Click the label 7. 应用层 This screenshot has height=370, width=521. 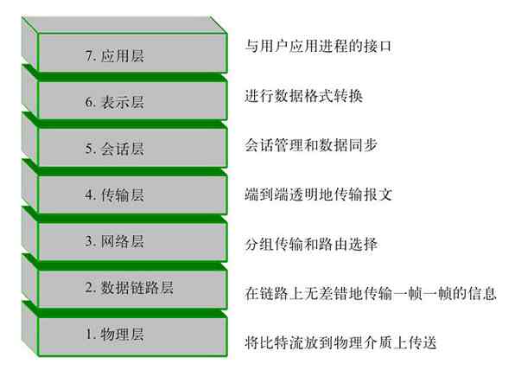tap(114, 55)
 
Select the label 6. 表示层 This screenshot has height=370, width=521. tap(114, 102)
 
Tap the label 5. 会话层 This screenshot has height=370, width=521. tap(114, 149)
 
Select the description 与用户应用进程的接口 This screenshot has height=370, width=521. tap(313, 45)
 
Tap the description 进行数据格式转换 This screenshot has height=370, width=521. tap(303, 95)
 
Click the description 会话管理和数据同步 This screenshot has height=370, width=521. tap(313, 144)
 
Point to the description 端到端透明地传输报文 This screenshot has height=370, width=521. tap(319, 195)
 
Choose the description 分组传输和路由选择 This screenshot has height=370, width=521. tap(313, 245)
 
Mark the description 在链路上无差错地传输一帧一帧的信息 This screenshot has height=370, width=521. tap(371, 294)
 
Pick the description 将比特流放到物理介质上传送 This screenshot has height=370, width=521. tap(341, 343)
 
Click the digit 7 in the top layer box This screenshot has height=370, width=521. tap(89, 55)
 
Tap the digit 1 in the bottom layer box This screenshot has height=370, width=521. tap(89, 334)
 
